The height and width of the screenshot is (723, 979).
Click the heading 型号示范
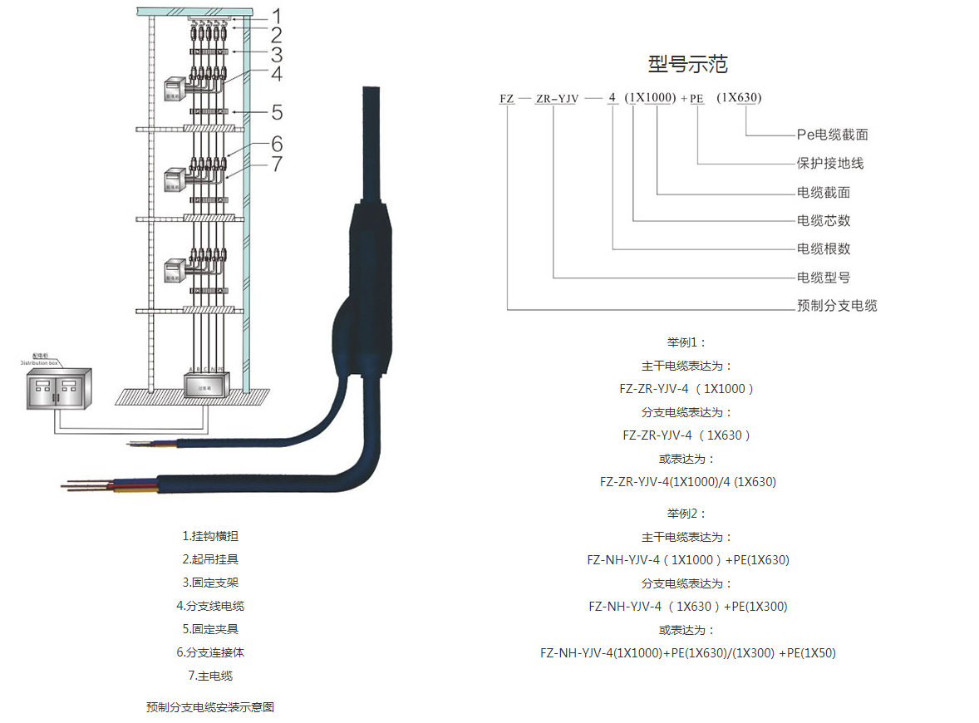(687, 64)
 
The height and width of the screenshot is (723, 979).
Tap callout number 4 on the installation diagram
(276, 74)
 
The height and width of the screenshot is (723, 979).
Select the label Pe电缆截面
(832, 135)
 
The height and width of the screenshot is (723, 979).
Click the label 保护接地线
(830, 163)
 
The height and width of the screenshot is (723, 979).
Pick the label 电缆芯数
(824, 220)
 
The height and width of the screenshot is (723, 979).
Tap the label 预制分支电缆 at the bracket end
(837, 305)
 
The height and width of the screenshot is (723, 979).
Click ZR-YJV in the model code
(557, 99)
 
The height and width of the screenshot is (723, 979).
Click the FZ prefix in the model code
(506, 99)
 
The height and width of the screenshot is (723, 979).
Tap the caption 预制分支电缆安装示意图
(210, 707)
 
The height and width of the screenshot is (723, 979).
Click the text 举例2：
(686, 514)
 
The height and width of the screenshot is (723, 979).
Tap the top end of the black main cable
(371, 96)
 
